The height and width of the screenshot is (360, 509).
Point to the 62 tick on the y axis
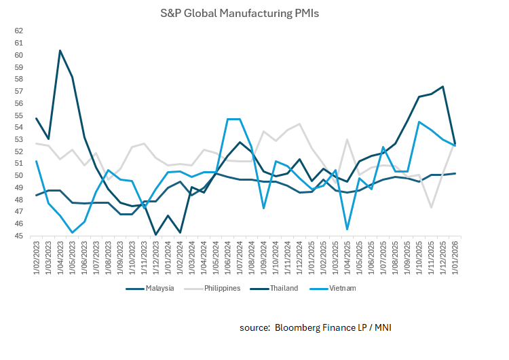(x=18, y=31)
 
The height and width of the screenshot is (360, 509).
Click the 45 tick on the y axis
(x=18, y=236)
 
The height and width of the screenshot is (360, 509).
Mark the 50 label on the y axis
(x=18, y=175)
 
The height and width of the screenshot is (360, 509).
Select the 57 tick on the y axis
(x=18, y=91)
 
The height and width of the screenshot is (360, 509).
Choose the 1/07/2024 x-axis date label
(x=240, y=257)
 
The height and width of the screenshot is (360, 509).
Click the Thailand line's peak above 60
(x=60, y=50)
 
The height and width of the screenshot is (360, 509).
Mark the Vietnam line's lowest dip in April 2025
(x=347, y=229)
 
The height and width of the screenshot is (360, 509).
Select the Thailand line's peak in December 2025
(x=442, y=86)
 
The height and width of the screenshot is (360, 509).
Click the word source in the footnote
(x=254, y=328)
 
